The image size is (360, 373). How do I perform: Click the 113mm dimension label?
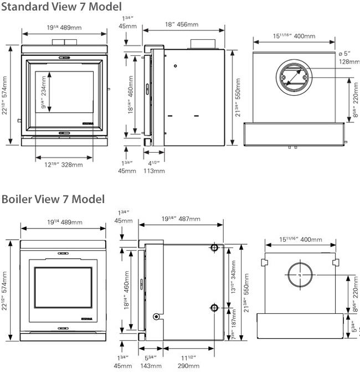[155, 171]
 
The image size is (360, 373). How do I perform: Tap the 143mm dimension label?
[151, 365]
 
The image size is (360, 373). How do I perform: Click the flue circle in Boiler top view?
[300, 275]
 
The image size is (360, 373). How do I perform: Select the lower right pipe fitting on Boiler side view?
[214, 308]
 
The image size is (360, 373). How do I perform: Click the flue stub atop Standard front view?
[64, 43]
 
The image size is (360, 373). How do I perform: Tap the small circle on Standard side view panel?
[175, 66]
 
